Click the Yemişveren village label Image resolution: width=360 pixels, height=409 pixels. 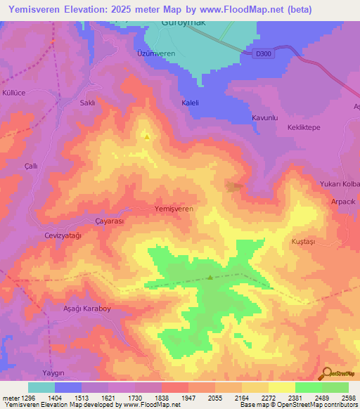[174, 209]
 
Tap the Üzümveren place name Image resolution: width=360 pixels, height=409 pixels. [155, 53]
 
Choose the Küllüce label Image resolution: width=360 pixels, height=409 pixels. [14, 93]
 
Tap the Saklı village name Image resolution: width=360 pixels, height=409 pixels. [87, 103]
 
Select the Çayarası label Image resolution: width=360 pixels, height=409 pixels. [109, 221]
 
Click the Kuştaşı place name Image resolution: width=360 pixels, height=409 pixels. [304, 241]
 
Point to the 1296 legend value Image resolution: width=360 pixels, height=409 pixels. [24, 398]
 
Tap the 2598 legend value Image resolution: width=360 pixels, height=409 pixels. [349, 398]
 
